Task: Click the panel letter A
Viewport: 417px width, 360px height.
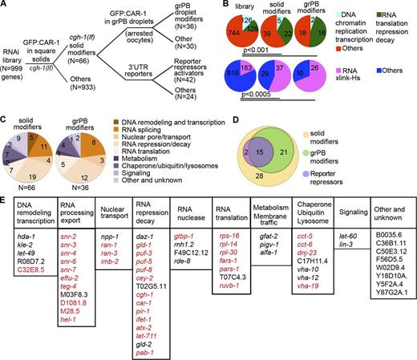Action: (6, 6)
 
